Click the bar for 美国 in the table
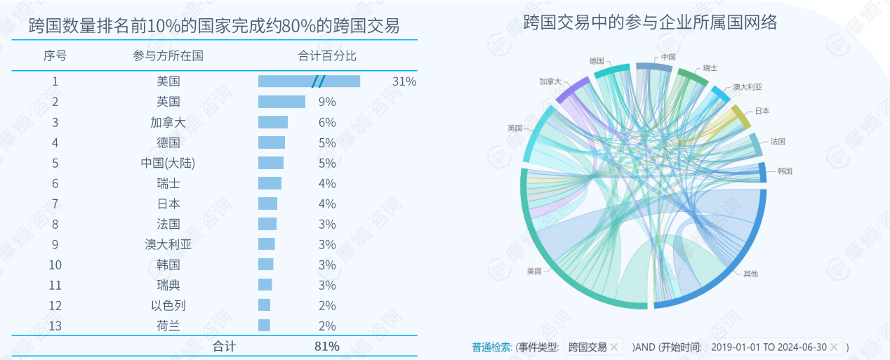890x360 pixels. click(x=309, y=81)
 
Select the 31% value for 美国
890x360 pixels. click(x=404, y=81)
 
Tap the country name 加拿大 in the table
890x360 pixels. click(x=168, y=122)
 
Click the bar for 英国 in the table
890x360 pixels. click(x=281, y=102)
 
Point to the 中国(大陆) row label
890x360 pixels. click(x=168, y=163)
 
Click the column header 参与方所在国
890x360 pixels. click(x=168, y=55)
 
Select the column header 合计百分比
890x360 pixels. click(x=327, y=55)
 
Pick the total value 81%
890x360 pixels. click(x=327, y=346)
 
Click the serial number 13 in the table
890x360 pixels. click(x=55, y=326)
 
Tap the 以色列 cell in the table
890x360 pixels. click(x=168, y=305)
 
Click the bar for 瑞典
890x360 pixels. click(x=265, y=285)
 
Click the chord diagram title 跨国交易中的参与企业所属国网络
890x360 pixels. click(x=650, y=23)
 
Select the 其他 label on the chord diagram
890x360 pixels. click(x=750, y=274)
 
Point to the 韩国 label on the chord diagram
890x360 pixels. click(x=785, y=171)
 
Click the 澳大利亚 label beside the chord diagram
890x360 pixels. click(x=747, y=88)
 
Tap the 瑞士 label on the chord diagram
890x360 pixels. click(x=710, y=68)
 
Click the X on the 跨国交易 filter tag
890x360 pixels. click(x=613, y=347)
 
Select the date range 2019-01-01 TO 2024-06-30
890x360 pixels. click(x=769, y=347)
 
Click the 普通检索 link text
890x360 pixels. click(x=492, y=347)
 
